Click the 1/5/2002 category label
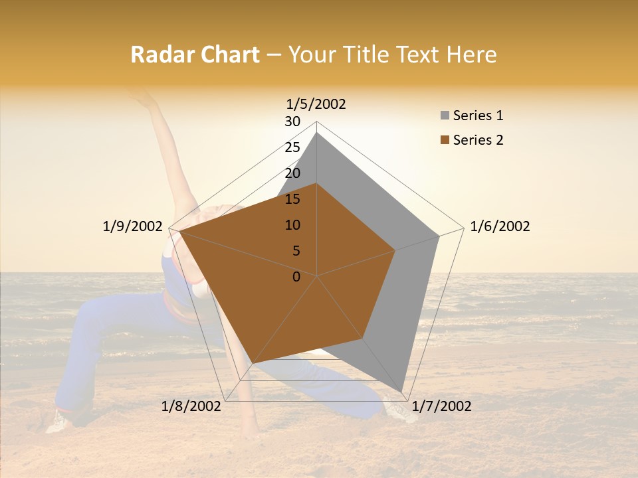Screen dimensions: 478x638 pyautogui.click(x=316, y=104)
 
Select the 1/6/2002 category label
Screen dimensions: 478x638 pyautogui.click(x=500, y=226)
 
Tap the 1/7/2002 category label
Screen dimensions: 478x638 pyautogui.click(x=441, y=406)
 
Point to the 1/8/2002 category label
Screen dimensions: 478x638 pyautogui.click(x=191, y=406)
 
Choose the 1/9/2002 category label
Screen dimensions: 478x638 pyautogui.click(x=133, y=226)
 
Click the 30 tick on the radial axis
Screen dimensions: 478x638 pyautogui.click(x=292, y=121)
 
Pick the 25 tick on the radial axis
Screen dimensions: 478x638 pyautogui.click(x=292, y=147)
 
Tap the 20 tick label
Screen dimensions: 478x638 pyautogui.click(x=292, y=173)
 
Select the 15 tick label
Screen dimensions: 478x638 pyautogui.click(x=292, y=199)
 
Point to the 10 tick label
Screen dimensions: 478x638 pyautogui.click(x=292, y=225)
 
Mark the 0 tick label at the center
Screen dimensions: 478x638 pyautogui.click(x=296, y=277)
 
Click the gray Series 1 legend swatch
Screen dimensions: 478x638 pyautogui.click(x=444, y=116)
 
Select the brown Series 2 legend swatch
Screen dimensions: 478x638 pyautogui.click(x=444, y=140)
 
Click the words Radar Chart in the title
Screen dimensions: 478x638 pyautogui.click(x=195, y=54)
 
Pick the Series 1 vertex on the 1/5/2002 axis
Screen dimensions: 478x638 pyautogui.click(x=317, y=133)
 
